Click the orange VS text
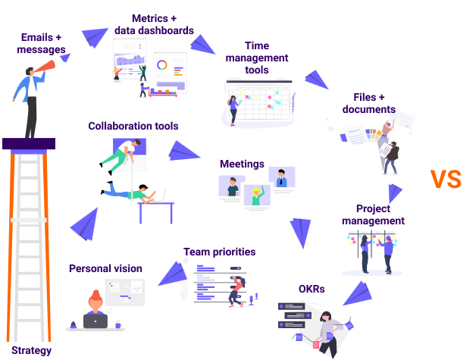(446, 179)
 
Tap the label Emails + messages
(42, 43)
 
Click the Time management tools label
(256, 58)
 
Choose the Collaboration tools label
(133, 126)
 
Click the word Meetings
(241, 164)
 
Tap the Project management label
(372, 214)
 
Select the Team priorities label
(219, 252)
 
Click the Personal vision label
(105, 268)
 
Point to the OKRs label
(312, 289)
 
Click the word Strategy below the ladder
(32, 350)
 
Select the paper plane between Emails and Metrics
(95, 36)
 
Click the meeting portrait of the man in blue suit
(281, 180)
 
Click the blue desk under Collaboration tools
(156, 209)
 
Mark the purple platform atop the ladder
(29, 143)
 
